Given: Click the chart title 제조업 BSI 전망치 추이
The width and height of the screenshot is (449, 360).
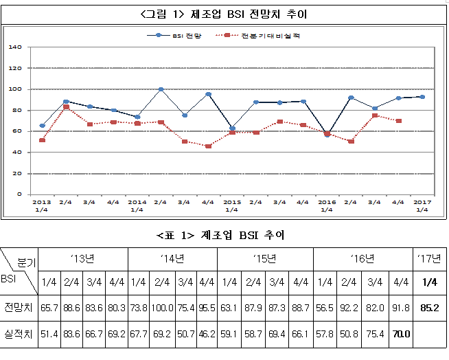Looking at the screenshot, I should point(224,14).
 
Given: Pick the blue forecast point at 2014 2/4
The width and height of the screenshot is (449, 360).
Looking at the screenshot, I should point(161,89).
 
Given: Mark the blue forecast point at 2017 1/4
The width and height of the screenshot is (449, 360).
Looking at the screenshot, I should point(422,97).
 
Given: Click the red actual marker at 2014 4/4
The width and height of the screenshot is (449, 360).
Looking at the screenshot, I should point(208,146).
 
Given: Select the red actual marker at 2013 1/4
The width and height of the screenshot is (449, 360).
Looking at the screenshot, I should point(43,140).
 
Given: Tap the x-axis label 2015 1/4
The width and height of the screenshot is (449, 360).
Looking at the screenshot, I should point(232,205).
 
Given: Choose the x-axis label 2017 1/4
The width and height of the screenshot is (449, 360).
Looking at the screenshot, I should point(422,205).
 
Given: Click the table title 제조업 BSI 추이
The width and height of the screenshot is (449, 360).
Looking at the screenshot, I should point(224,235).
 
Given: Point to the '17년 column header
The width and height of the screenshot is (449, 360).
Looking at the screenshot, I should point(430,259).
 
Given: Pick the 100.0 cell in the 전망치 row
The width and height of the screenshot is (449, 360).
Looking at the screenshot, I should point(162,307).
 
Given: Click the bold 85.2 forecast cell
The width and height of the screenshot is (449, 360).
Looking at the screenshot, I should point(430,307).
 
